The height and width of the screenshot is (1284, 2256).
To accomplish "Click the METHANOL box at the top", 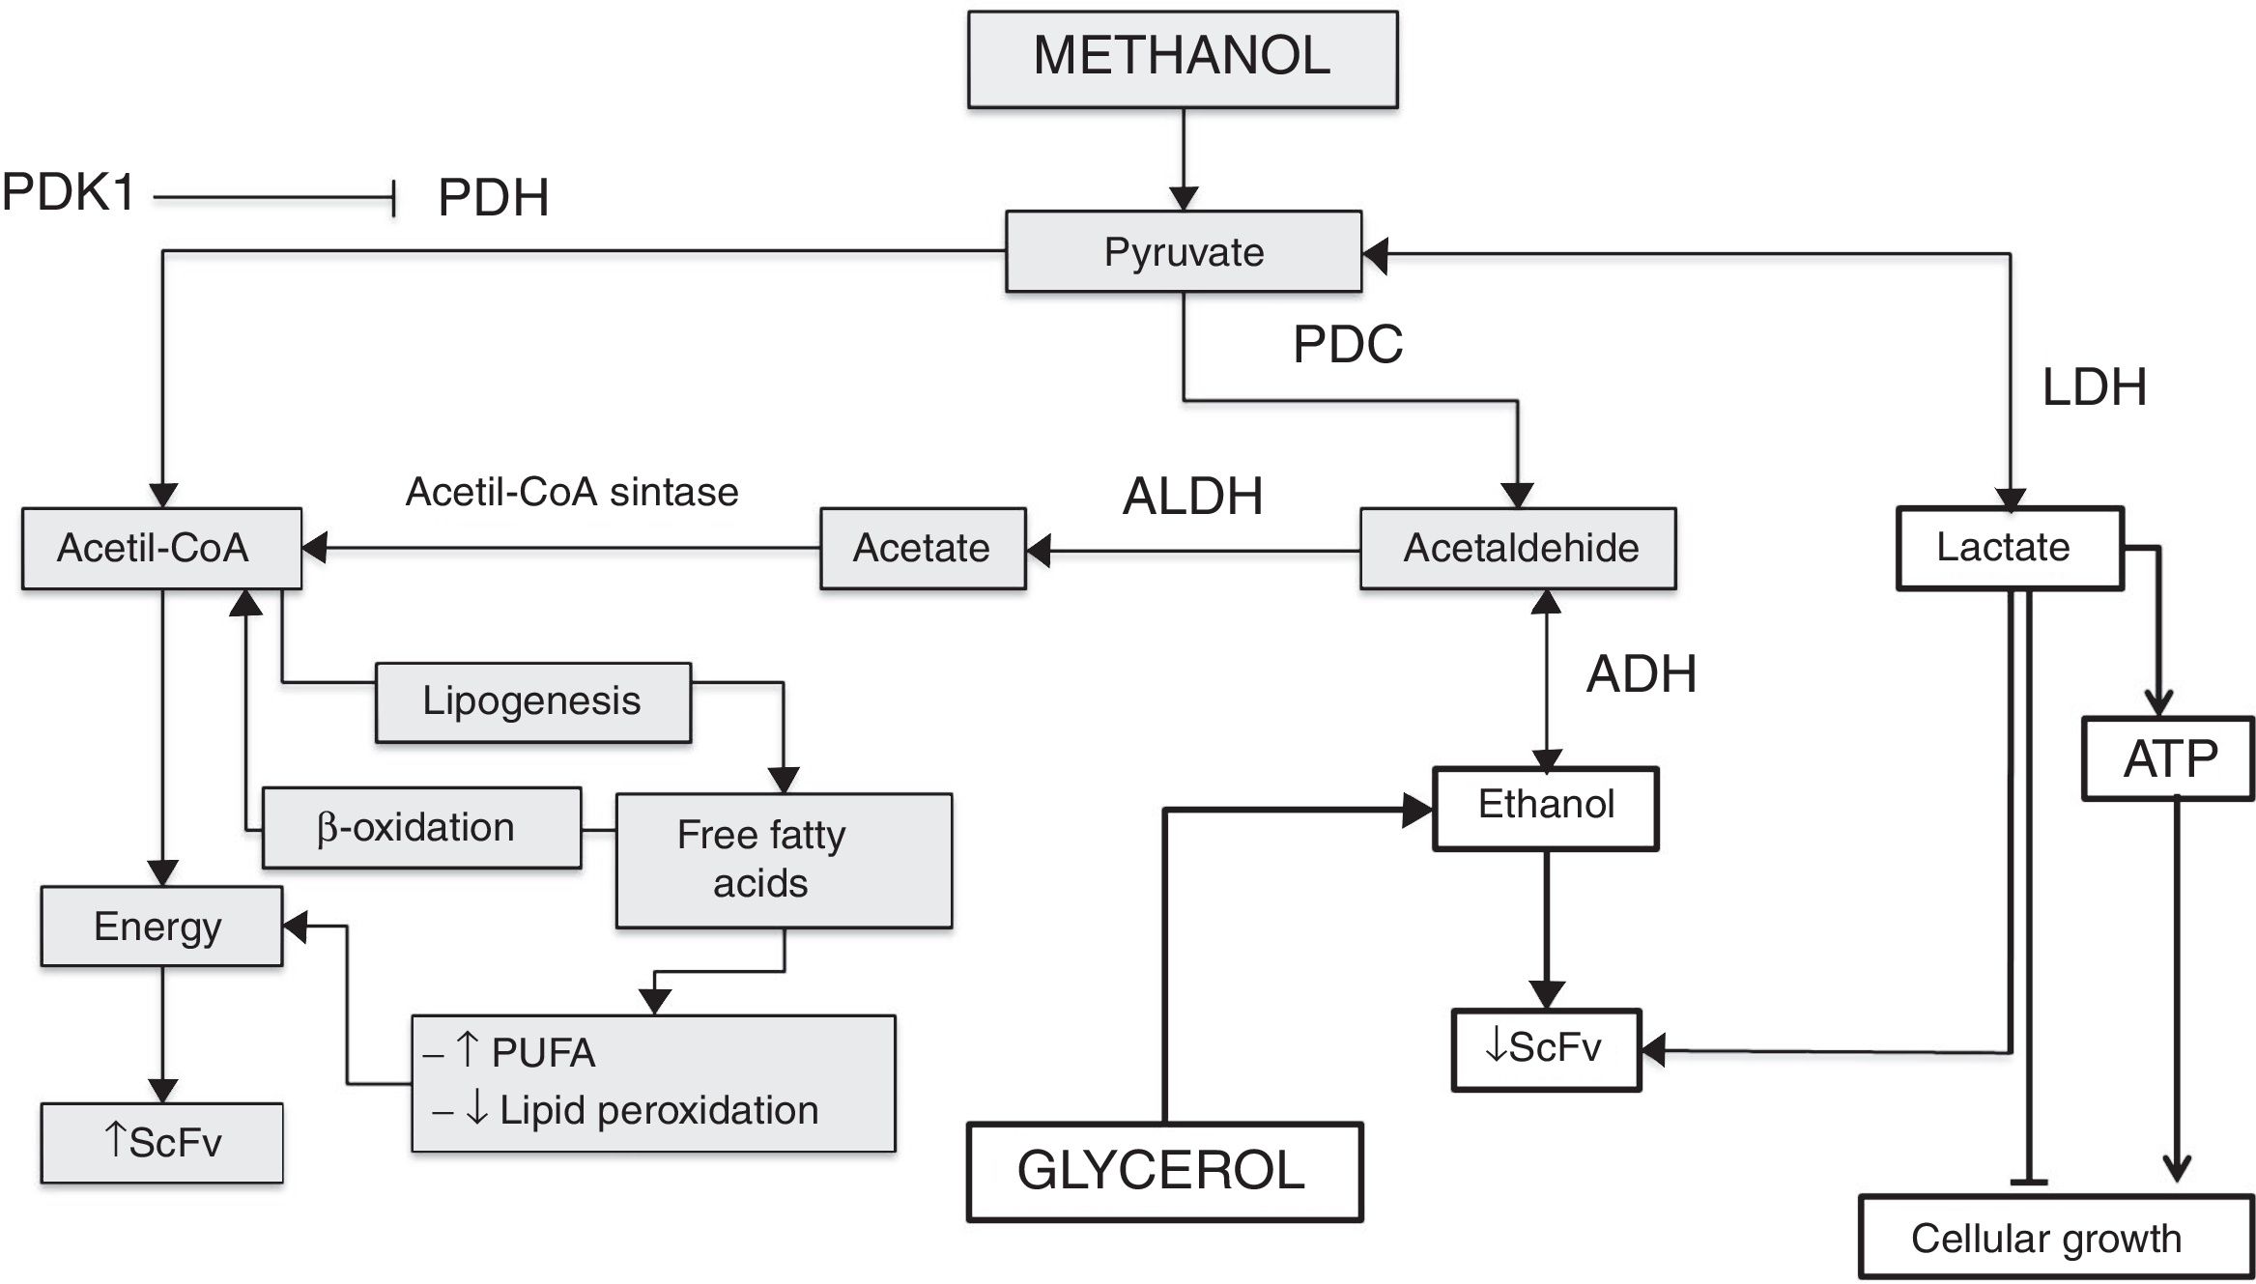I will click(1182, 58).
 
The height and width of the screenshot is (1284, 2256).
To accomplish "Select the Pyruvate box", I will click(1183, 252).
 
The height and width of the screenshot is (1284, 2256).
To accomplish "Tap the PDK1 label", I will click(69, 192).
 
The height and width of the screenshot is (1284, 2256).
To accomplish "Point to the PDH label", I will click(493, 198).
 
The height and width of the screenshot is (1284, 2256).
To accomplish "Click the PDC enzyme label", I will click(1347, 344).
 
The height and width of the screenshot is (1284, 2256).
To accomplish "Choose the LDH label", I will click(2094, 387).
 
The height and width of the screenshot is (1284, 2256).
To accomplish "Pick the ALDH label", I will click(1192, 497).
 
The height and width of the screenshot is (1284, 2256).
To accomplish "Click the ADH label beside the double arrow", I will click(1641, 673).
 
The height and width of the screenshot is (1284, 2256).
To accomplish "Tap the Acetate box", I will click(922, 549).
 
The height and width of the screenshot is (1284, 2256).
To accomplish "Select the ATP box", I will click(2168, 758).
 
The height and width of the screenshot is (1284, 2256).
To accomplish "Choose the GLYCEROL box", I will click(1164, 1171).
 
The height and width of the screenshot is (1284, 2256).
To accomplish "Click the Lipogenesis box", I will click(532, 702).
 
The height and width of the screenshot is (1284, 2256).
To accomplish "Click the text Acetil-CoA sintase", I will click(572, 493).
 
